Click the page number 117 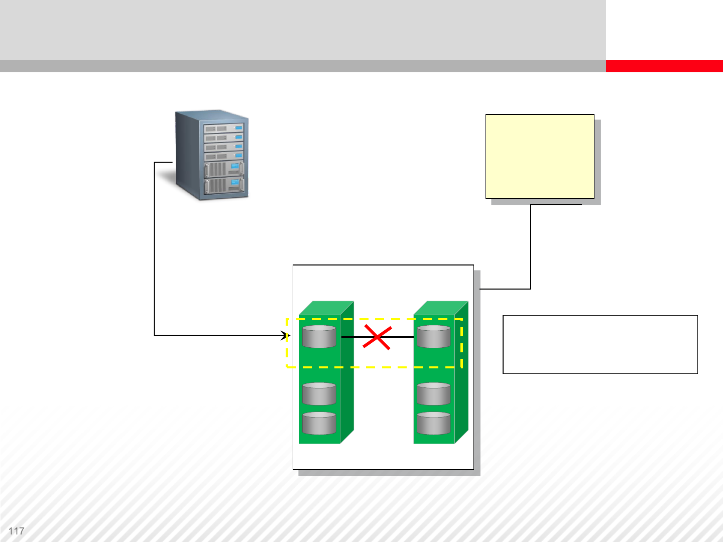coord(16,531)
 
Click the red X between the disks coord(377,337)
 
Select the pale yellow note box coord(540,157)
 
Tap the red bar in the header coord(664,66)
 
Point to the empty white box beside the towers coord(600,344)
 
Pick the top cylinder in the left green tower coord(319,336)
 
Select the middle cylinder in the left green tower coord(319,394)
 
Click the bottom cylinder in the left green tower coord(319,423)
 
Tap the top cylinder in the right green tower coord(434,336)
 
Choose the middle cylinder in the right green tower coord(434,394)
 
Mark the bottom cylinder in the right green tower coord(434,423)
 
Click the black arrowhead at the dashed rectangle coord(288,335)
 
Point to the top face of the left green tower coord(326,307)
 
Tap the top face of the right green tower coord(441,307)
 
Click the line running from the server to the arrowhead coord(155,251)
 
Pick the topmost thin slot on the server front coord(223,128)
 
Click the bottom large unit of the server coord(224,186)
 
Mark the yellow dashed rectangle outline coord(374,367)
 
